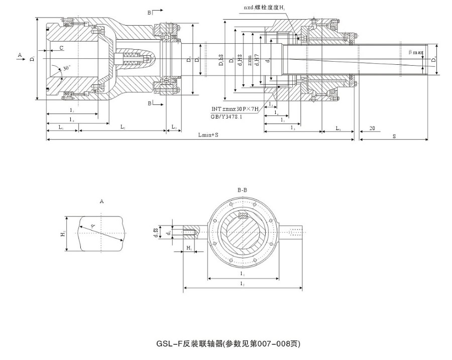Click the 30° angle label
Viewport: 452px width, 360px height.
tap(67, 67)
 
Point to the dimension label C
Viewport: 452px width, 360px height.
tap(61, 48)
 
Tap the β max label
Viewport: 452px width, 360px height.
tap(416, 52)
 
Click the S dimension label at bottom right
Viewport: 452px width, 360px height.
tap(394, 136)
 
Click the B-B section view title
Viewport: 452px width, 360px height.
tap(242, 190)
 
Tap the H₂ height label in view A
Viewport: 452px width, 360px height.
tap(63, 234)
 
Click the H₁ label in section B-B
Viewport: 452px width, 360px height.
tap(189, 248)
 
